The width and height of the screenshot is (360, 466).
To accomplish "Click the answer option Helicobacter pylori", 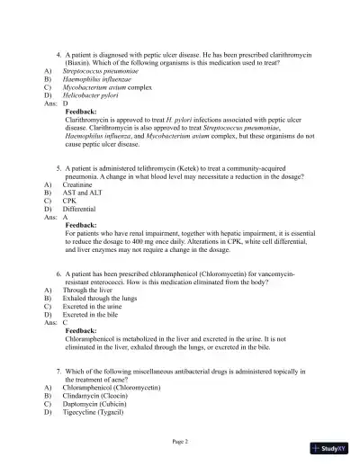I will pyautogui.click(x=94, y=94).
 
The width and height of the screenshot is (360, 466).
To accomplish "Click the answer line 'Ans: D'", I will pyautogui.click(x=56, y=103).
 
